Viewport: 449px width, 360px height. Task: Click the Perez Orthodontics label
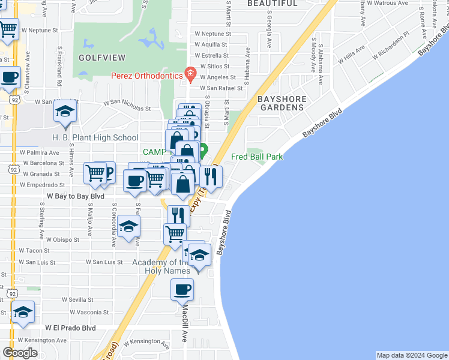[147, 76]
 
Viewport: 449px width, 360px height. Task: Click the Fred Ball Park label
[257, 157]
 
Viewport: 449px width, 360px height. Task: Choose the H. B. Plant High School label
[95, 137]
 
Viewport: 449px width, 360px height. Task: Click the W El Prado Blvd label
[71, 328]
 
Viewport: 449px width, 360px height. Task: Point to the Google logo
[20, 352]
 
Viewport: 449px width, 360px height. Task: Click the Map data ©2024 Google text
[411, 355]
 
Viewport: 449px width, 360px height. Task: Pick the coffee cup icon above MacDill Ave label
[182, 290]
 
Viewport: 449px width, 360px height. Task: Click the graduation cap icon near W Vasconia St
[23, 313]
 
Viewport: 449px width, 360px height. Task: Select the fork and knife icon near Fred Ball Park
[211, 176]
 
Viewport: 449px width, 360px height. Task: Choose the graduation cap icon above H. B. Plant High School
[65, 112]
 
